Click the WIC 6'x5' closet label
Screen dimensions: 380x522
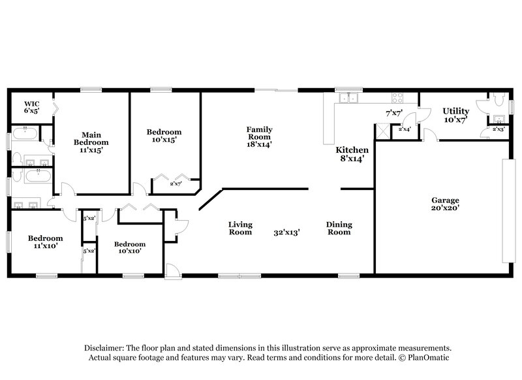click(32, 107)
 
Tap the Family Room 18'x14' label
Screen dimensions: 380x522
click(259, 136)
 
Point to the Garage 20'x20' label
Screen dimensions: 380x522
click(445, 204)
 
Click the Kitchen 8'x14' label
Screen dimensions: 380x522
click(350, 153)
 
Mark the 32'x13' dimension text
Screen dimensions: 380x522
click(287, 232)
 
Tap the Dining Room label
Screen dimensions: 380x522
click(338, 228)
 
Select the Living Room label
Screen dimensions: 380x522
click(240, 228)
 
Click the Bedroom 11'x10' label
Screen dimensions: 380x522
click(45, 242)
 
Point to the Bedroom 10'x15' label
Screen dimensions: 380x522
click(164, 136)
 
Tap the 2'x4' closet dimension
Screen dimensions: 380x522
click(405, 129)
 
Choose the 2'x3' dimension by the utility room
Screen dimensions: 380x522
click(499, 129)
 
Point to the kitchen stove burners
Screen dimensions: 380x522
click(397, 98)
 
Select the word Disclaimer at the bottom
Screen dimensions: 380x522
click(107, 348)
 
